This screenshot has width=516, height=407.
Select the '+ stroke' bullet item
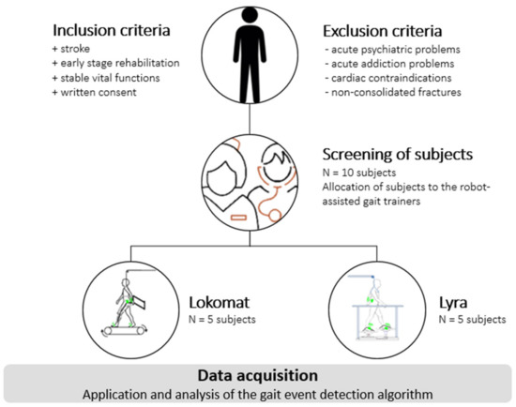click(50, 45)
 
